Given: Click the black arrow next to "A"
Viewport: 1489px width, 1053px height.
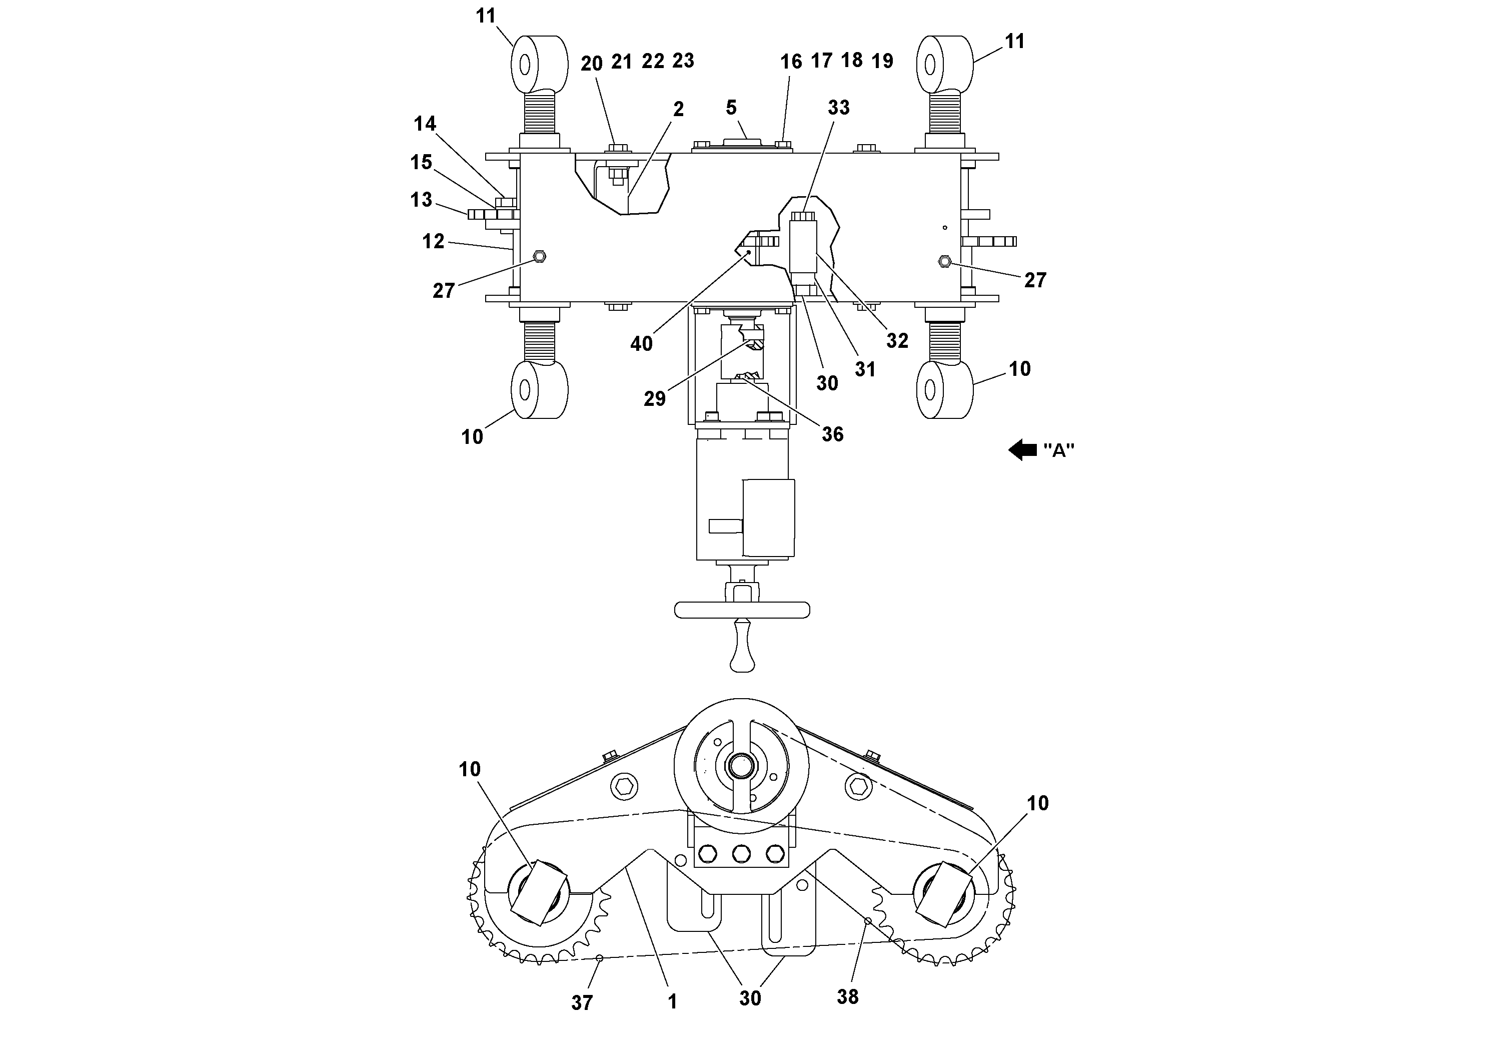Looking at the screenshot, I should pyautogui.click(x=1023, y=449).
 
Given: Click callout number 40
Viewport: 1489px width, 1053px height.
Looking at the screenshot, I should pyautogui.click(x=641, y=344).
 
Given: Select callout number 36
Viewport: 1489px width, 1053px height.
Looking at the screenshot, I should pyautogui.click(x=832, y=434).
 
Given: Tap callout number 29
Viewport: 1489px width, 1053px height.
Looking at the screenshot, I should pyautogui.click(x=654, y=398).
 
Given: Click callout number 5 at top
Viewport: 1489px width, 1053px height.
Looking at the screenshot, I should pyautogui.click(x=731, y=107).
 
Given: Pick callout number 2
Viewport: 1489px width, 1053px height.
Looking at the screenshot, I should pyautogui.click(x=678, y=109).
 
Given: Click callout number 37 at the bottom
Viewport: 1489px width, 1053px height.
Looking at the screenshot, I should pyautogui.click(x=582, y=1003).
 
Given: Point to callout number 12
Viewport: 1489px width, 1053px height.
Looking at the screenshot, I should pyautogui.click(x=433, y=241).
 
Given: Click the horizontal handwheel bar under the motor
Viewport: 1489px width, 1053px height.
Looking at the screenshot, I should pyautogui.click(x=742, y=610).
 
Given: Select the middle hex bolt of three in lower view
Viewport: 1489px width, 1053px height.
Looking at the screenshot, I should pyautogui.click(x=741, y=854).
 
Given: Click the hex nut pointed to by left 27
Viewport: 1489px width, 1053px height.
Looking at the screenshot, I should pyautogui.click(x=538, y=256).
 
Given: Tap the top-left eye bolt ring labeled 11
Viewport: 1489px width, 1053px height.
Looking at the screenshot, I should pyautogui.click(x=539, y=64).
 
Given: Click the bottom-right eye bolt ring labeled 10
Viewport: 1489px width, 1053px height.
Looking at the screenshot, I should pyautogui.click(x=944, y=389).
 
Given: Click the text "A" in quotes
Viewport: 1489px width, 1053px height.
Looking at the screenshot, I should pyautogui.click(x=1058, y=450).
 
